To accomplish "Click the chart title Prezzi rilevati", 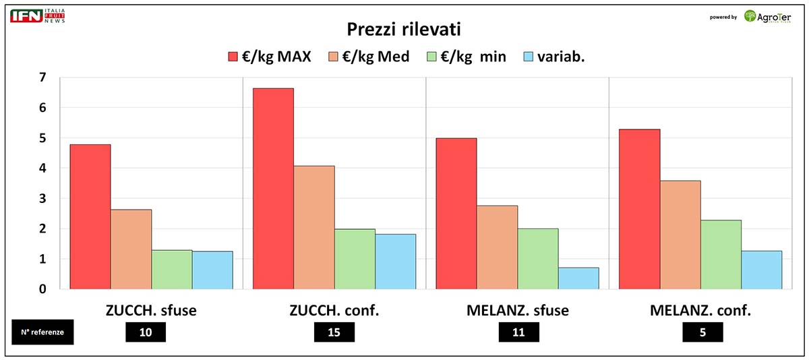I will click(x=404, y=29).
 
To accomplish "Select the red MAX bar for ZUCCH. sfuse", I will click(x=90, y=216).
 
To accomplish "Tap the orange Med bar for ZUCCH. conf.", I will click(x=314, y=227).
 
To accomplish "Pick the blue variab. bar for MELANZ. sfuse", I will click(x=578, y=278).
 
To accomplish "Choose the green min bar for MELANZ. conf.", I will click(x=721, y=254).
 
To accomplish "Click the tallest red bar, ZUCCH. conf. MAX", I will click(x=273, y=189).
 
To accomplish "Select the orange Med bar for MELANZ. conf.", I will click(x=680, y=235).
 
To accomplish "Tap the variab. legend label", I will click(x=561, y=57).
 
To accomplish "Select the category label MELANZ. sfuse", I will click(x=517, y=311).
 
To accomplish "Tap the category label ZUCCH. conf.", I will click(x=334, y=311).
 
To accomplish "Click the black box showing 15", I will click(x=334, y=332).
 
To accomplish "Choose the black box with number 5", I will click(x=702, y=332).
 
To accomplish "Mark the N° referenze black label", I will click(x=42, y=332).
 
